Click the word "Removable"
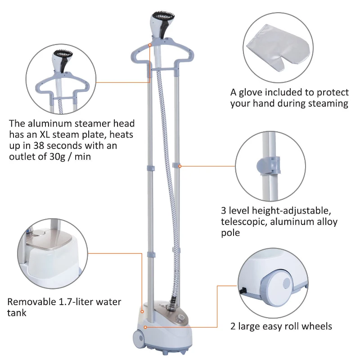coord(29,302)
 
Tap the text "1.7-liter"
coord(72,302)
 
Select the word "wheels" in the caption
coord(317,326)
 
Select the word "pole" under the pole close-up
coord(230,233)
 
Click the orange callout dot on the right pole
coord(180,166)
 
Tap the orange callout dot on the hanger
coord(149,45)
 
